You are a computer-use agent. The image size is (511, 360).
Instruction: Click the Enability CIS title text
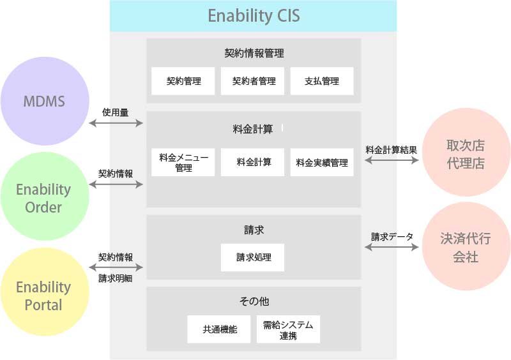point(254,15)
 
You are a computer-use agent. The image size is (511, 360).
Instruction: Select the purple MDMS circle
point(44,101)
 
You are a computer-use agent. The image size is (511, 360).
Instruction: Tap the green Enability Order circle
point(43,198)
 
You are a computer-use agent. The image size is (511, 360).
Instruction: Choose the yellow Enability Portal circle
point(43,296)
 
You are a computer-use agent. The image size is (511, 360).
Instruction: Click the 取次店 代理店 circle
point(465,154)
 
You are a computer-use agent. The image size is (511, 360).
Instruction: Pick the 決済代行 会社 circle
point(465,247)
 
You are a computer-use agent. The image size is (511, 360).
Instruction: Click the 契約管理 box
point(183,81)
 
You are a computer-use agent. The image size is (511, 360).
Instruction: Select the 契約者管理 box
point(254,81)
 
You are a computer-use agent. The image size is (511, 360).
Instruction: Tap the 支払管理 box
point(322,81)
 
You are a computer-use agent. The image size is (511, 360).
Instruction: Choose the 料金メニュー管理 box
point(183,162)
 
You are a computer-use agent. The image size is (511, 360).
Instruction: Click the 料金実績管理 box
point(322,162)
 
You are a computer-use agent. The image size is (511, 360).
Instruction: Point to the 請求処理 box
point(254,257)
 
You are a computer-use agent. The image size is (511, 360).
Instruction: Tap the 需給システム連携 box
point(288,329)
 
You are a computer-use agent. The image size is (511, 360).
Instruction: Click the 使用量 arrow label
point(116,112)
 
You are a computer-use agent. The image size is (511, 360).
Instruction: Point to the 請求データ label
point(392,236)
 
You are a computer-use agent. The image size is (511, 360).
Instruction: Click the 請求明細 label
point(116,278)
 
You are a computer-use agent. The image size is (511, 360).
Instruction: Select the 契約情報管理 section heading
point(254,52)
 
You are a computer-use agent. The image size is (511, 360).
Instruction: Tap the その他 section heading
point(254,301)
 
